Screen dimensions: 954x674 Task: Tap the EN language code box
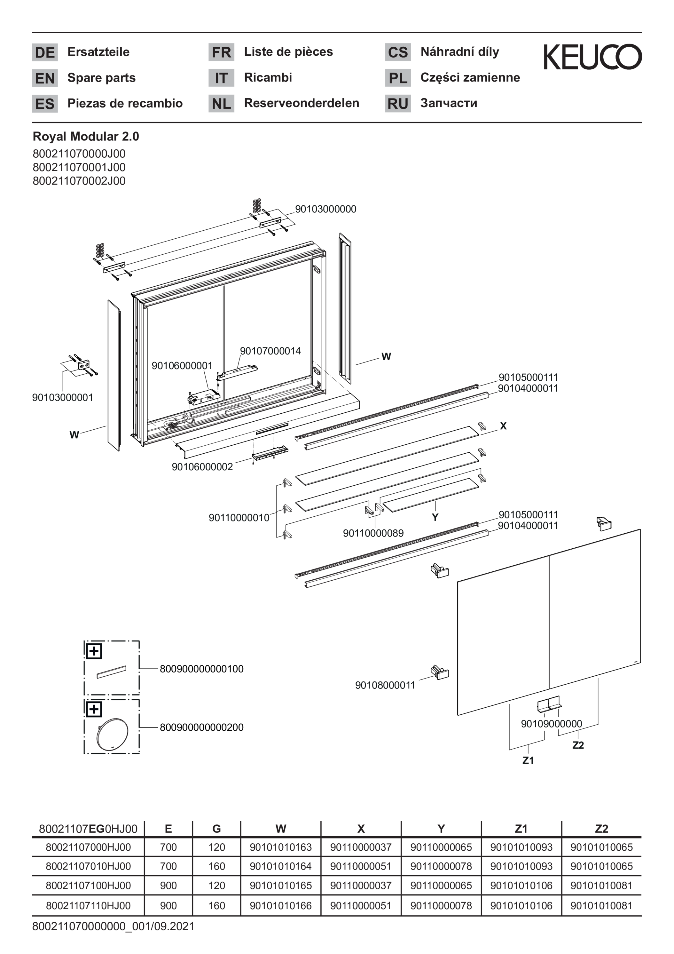click(45, 78)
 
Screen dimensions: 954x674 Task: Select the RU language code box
click(397, 103)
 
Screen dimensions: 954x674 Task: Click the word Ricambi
click(268, 78)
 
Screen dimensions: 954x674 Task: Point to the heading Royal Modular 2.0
click(86, 137)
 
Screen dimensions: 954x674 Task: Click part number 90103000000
click(325, 209)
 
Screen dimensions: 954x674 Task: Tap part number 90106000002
click(202, 467)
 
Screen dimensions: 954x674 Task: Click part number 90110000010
click(239, 518)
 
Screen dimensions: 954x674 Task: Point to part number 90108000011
click(385, 685)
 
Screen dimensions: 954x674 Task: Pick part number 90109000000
click(551, 724)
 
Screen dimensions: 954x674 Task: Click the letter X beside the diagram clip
click(503, 426)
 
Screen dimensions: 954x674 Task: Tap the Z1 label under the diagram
click(528, 760)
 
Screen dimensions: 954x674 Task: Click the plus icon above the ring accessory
click(94, 709)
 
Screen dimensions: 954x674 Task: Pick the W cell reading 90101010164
click(280, 866)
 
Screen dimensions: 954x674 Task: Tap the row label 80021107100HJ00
click(88, 886)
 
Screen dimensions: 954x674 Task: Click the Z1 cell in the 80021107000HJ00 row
click(521, 847)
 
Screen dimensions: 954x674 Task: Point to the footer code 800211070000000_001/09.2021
click(113, 926)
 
